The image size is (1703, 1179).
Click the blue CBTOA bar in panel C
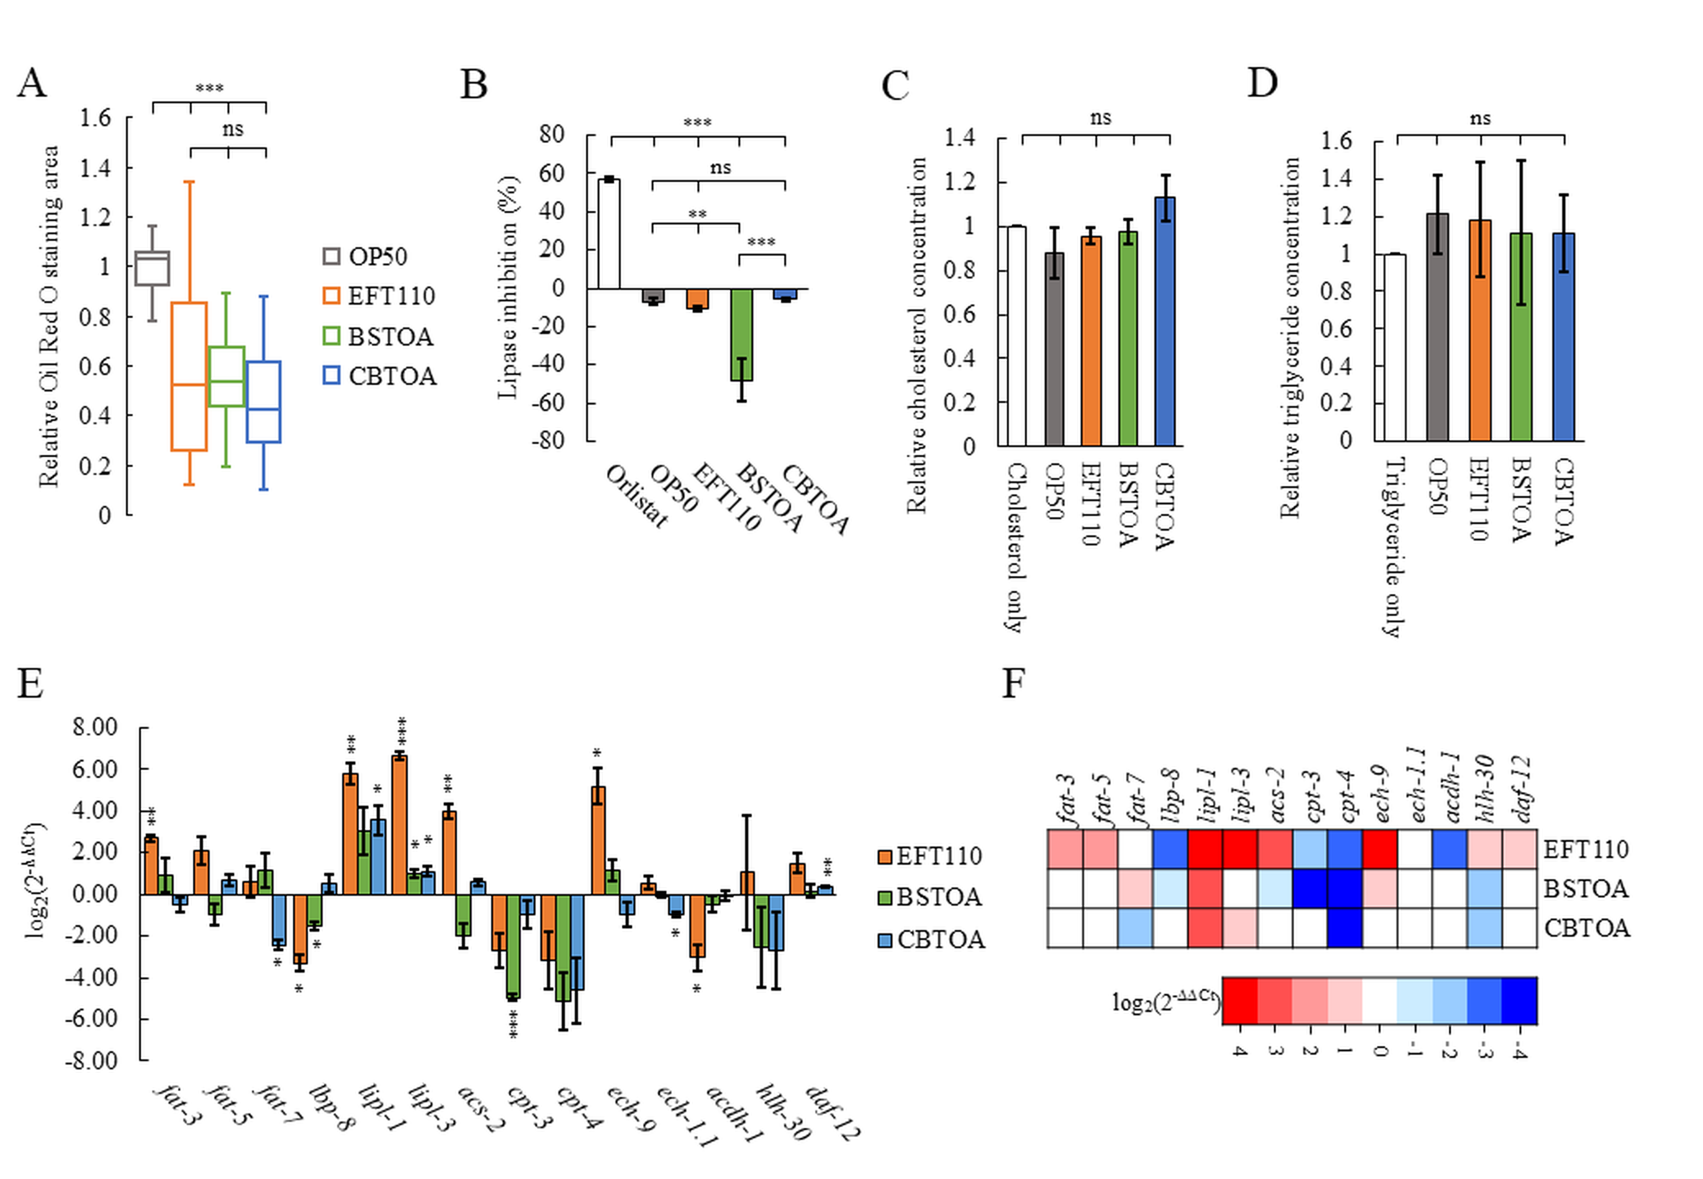pos(1165,321)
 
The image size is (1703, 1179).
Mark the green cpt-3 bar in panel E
pos(513,946)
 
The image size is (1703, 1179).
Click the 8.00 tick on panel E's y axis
pos(95,728)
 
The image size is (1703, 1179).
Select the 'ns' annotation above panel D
pos(1480,118)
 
